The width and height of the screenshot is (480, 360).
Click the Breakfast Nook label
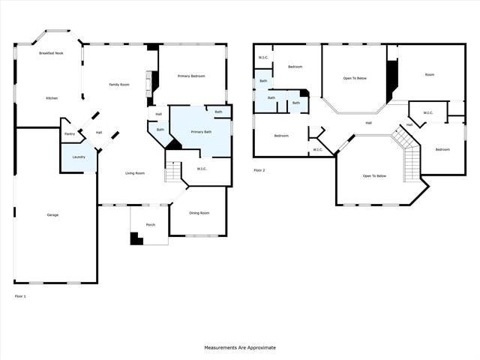pyautogui.click(x=52, y=53)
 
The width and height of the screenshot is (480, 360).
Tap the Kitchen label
pyautogui.click(x=52, y=98)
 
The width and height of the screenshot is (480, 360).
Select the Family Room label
pyautogui.click(x=119, y=85)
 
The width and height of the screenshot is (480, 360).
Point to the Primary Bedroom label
pyautogui.click(x=191, y=76)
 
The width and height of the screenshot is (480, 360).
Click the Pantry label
pyautogui.click(x=70, y=134)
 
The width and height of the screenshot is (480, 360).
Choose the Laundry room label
pyautogui.click(x=78, y=157)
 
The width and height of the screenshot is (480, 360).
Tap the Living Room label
pyautogui.click(x=135, y=173)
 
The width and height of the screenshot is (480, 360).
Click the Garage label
pyautogui.click(x=52, y=215)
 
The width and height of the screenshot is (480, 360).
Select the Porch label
pyautogui.click(x=151, y=224)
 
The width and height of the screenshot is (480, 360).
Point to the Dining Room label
pyautogui.click(x=199, y=213)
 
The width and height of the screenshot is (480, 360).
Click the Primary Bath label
pyautogui.click(x=201, y=132)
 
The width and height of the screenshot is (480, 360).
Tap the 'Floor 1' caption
pyautogui.click(x=20, y=297)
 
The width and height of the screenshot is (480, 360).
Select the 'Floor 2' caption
pyautogui.click(x=259, y=170)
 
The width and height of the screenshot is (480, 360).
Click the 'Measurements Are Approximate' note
pyautogui.click(x=240, y=348)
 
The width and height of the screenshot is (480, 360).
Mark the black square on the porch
pyautogui.click(x=136, y=238)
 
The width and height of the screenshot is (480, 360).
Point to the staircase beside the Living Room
pyautogui.click(x=173, y=172)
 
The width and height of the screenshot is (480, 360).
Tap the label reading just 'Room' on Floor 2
pyautogui.click(x=429, y=75)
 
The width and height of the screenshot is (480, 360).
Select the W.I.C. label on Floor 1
pyautogui.click(x=202, y=169)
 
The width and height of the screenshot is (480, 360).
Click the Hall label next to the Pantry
pyautogui.click(x=98, y=133)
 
